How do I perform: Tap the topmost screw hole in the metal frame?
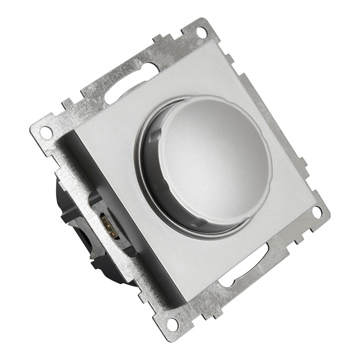point(202,32)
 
